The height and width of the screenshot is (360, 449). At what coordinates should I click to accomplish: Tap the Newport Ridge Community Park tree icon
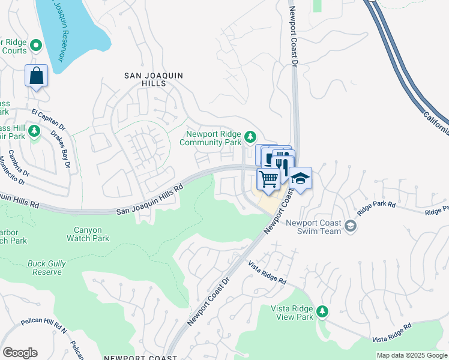tap(251, 137)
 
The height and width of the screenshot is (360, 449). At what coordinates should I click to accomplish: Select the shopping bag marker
tap(37, 76)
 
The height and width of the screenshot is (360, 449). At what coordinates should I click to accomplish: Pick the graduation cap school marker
tap(300, 178)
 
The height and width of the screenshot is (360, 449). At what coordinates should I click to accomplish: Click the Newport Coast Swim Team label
tap(313, 227)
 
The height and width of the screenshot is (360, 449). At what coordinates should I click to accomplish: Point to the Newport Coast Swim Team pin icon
tap(351, 226)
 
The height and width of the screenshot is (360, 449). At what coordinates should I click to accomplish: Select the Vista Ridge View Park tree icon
tap(322, 311)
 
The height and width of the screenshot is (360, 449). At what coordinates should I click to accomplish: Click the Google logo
tap(20, 353)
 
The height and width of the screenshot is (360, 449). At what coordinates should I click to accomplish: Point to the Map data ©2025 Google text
tap(412, 355)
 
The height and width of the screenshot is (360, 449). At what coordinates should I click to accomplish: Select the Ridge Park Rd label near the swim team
tap(376, 208)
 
